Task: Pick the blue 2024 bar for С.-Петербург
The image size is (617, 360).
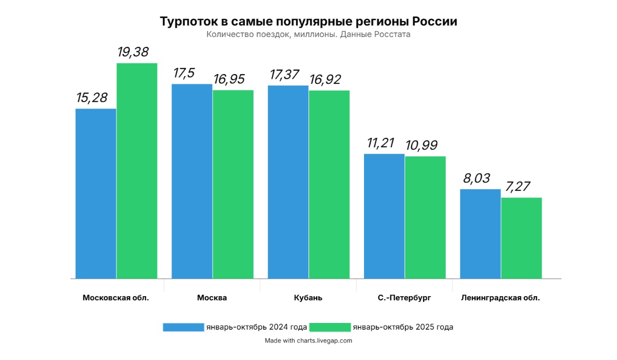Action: [x=384, y=216]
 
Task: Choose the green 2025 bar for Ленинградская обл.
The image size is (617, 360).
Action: [x=521, y=238]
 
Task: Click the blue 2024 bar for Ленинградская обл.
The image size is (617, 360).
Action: [x=480, y=233]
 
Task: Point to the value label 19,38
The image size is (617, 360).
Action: [x=133, y=52]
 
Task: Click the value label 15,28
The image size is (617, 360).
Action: [x=92, y=98]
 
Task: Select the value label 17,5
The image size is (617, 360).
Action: [x=184, y=74]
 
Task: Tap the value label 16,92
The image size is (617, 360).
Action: [x=325, y=80]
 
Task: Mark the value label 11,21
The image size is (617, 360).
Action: [x=380, y=143]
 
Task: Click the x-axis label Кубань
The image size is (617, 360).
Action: [x=308, y=298]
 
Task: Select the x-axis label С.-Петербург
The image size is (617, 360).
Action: [x=404, y=298]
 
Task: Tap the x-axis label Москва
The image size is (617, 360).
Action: [x=212, y=298]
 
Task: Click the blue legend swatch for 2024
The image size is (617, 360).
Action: [x=184, y=327]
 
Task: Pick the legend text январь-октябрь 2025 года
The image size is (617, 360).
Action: [x=403, y=327]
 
